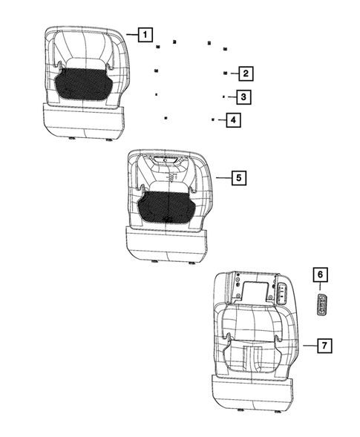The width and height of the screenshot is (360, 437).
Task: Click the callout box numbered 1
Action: click(145, 34)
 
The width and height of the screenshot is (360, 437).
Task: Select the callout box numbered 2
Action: click(244, 73)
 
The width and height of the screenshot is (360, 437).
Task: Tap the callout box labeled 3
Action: click(242, 96)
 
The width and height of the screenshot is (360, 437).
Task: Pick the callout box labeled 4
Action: click(232, 119)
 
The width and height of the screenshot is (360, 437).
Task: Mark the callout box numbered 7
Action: click(324, 345)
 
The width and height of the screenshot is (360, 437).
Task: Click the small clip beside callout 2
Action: click(225, 73)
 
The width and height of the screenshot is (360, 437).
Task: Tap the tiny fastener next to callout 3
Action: click(223, 96)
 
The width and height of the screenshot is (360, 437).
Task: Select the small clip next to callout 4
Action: click(212, 119)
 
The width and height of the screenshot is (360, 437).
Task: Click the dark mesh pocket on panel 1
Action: click(83, 82)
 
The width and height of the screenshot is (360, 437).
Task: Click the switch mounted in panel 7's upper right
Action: click(284, 292)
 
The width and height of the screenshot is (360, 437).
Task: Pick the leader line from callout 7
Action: click(310, 345)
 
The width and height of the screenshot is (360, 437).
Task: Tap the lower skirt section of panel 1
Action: click(83, 122)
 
